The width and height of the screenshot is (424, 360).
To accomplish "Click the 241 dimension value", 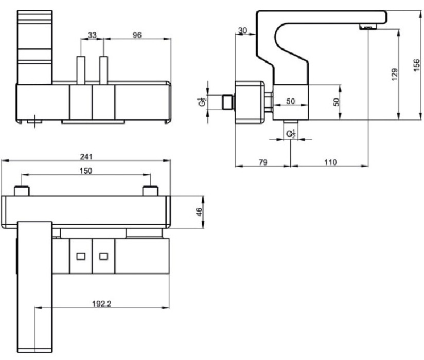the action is click(86, 156).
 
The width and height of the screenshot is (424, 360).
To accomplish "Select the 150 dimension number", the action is click(86, 171).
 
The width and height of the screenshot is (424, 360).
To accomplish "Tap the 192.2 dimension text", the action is click(102, 304).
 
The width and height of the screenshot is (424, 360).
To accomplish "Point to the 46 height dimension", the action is click(199, 212).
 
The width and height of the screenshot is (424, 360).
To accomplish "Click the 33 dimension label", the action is click(92, 35).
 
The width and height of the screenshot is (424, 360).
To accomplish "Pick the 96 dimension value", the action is click(137, 35).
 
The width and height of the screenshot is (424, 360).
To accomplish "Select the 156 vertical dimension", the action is click(417, 65).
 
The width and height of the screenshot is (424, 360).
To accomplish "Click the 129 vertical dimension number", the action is click(395, 75).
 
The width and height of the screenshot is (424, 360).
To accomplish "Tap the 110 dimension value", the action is click(330, 162).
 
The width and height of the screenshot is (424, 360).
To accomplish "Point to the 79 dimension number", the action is click(263, 162).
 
